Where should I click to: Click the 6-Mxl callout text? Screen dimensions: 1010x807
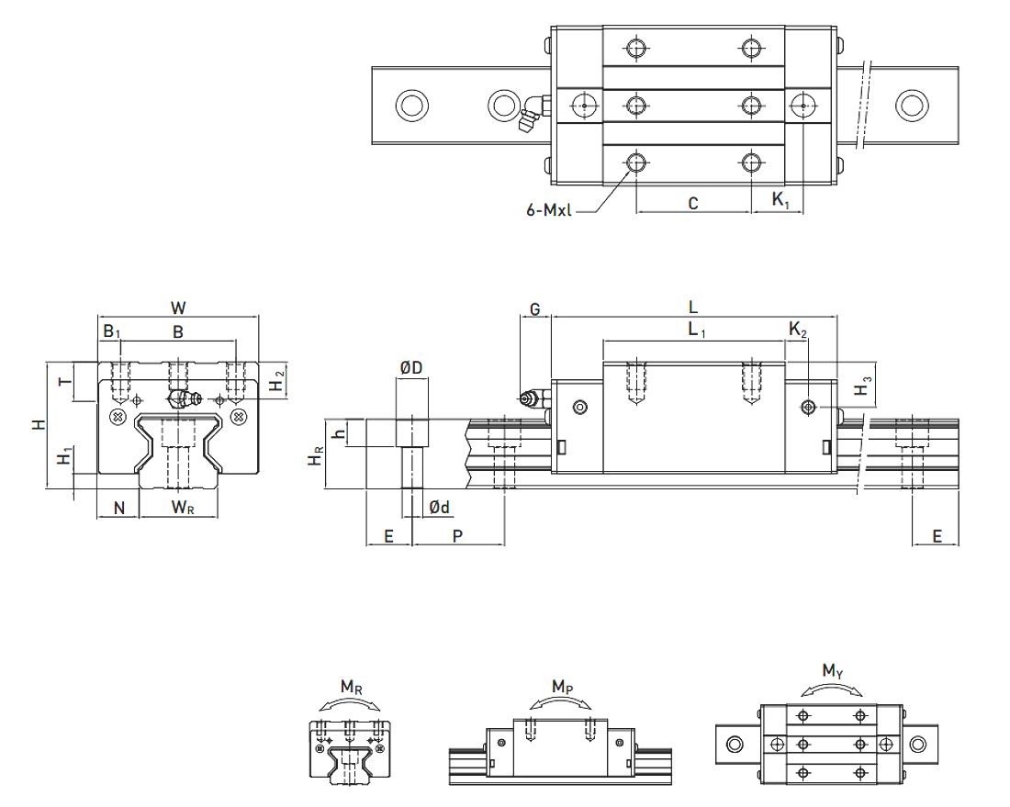[548, 210]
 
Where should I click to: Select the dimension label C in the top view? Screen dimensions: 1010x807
[693, 204]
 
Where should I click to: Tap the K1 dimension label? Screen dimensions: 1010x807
[780, 200]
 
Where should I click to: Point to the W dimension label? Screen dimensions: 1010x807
[178, 308]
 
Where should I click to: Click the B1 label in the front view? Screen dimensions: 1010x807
[112, 331]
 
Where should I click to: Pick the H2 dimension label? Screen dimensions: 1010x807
[277, 381]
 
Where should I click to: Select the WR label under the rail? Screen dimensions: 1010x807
[183, 508]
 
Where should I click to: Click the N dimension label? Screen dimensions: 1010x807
[119, 508]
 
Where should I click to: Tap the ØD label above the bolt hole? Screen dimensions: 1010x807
[411, 367]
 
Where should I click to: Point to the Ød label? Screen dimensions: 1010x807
[439, 508]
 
